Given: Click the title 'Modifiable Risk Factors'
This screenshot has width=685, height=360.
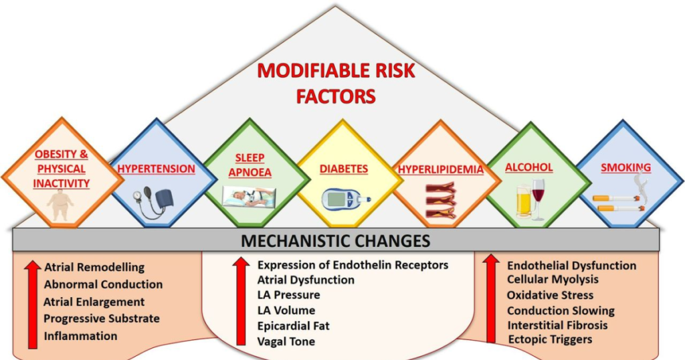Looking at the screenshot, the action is click(336, 84).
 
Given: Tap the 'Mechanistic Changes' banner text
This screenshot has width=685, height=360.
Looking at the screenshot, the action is click(336, 241).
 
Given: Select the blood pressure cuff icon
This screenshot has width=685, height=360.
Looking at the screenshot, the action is click(153, 202).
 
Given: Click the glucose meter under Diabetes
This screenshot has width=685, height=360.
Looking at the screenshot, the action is click(346, 199).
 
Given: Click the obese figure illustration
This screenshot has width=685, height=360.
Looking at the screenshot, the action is click(61, 206).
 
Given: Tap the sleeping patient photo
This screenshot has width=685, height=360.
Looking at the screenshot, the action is click(249, 197).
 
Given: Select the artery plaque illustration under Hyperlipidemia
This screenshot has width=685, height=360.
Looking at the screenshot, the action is click(440, 201).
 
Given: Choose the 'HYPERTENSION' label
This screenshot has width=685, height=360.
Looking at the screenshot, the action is click(156, 169).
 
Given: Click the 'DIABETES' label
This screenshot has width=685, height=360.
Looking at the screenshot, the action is click(344, 169).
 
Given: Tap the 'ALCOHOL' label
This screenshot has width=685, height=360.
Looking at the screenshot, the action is click(529, 167).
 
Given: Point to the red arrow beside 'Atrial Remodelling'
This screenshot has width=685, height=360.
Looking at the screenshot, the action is click(32, 304).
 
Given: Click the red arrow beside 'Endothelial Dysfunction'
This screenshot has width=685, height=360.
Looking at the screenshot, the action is click(491, 298).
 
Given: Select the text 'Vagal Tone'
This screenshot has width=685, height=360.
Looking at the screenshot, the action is click(286, 341).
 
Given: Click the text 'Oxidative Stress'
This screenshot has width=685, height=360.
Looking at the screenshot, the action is click(550, 295).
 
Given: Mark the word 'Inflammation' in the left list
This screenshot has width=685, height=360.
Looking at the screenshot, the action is click(80, 336).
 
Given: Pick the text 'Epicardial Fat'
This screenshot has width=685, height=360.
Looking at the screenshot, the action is click(293, 326).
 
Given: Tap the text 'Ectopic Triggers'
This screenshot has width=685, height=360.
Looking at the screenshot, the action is click(550, 339).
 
